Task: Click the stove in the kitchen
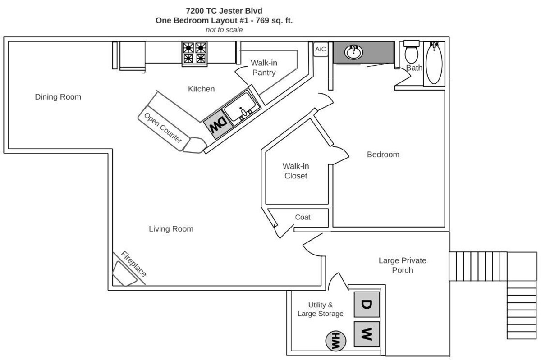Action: coord(194,53)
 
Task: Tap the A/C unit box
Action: coord(321,49)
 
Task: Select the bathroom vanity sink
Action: coord(354,52)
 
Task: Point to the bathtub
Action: coord(434,63)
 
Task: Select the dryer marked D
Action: coord(366,305)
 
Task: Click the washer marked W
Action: coord(366,334)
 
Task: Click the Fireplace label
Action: coord(134,264)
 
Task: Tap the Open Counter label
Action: coord(163,128)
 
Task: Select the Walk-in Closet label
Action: coord(296,171)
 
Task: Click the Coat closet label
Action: coord(303,217)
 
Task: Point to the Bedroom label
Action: coord(383,155)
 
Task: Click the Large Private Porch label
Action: coord(402,265)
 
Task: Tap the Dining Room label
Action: coord(58,97)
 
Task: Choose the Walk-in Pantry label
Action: coord(264,68)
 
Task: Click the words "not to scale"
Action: coord(224,30)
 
